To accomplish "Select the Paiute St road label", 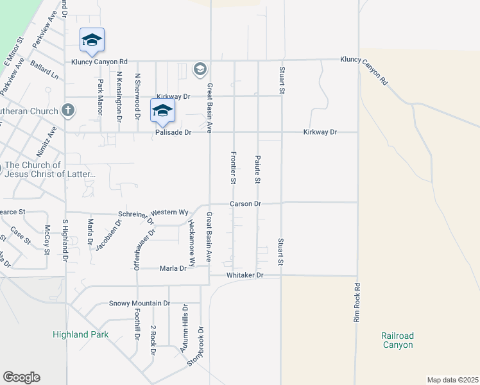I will click(257, 169).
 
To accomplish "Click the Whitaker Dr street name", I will click(245, 275).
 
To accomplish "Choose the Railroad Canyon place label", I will click(398, 340).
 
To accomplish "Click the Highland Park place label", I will click(80, 334).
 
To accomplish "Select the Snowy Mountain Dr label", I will click(139, 303).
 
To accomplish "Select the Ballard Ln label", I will click(44, 71).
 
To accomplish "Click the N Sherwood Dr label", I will click(137, 96).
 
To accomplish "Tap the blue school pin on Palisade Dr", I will click(163, 110).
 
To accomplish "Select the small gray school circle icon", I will click(200, 69).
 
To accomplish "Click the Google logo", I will click(21, 377).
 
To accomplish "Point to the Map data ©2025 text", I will click(452, 380).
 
